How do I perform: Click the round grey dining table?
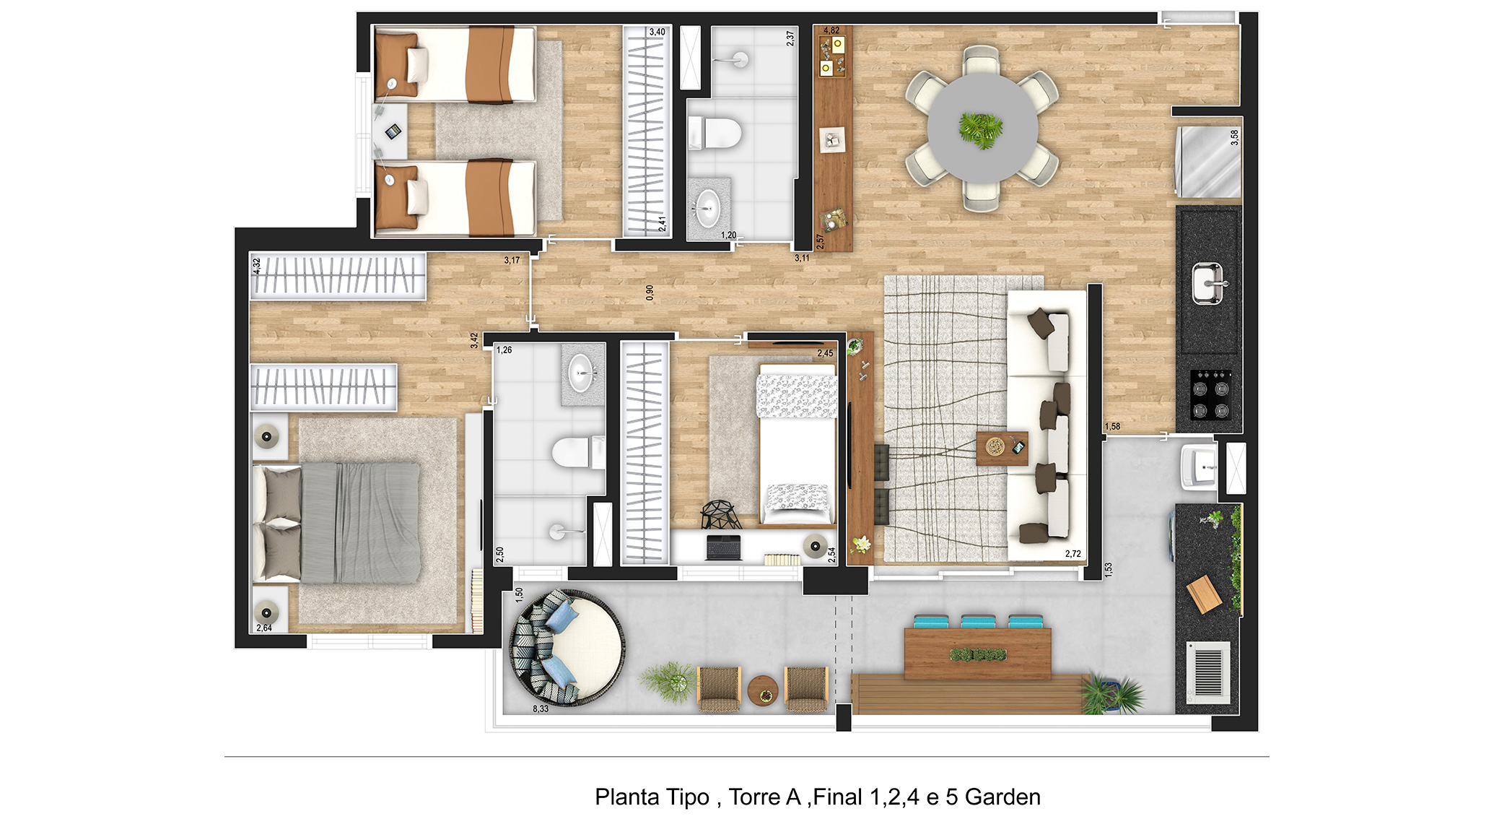point(982,129)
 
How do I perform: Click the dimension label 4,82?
point(831,30)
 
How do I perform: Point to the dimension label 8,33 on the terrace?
point(541,708)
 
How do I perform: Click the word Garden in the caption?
point(1002,797)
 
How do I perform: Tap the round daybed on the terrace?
point(567,647)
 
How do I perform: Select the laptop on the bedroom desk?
point(724,547)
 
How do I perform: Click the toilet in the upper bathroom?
point(715,133)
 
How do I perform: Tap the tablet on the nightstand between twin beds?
point(393,131)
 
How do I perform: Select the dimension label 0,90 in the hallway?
point(650,292)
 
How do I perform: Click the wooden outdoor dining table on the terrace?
point(977,654)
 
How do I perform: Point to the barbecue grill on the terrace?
point(1208,672)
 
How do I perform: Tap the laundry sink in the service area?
point(1198,467)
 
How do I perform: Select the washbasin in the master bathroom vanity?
point(581,373)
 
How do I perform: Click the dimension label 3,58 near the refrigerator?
point(1234,137)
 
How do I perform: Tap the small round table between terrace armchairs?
point(763,690)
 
